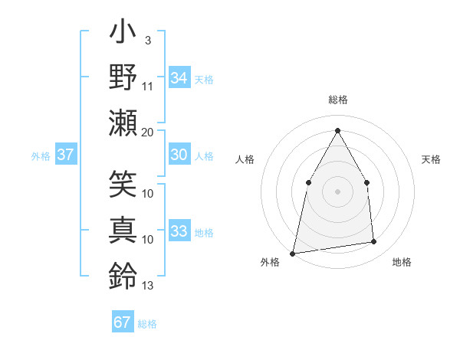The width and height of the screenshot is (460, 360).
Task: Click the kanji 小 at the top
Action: click(123, 35)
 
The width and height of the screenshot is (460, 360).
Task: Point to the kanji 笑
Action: click(123, 184)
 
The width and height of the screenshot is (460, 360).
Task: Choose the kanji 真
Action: click(123, 228)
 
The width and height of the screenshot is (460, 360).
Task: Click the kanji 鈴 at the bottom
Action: click(123, 274)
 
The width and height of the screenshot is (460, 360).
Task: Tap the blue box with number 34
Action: click(179, 78)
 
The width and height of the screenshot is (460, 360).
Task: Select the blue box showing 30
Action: click(179, 155)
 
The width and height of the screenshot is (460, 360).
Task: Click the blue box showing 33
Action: click(179, 231)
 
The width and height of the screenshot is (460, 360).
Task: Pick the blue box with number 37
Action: click(65, 155)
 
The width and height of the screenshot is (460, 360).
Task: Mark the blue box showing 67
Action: click(122, 322)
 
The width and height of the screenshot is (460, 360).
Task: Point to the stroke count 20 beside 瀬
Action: click(148, 132)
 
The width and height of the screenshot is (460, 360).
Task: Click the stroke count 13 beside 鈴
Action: click(148, 286)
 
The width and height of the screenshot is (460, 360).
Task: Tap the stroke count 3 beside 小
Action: click(146, 40)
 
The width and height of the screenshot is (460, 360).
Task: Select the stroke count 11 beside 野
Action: click(148, 86)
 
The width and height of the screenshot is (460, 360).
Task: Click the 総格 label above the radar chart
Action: click(337, 100)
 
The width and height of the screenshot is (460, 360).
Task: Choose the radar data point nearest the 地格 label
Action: click(374, 242)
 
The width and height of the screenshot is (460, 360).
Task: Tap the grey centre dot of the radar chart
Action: click(337, 191)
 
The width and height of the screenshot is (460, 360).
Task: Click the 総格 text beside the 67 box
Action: click(147, 324)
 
